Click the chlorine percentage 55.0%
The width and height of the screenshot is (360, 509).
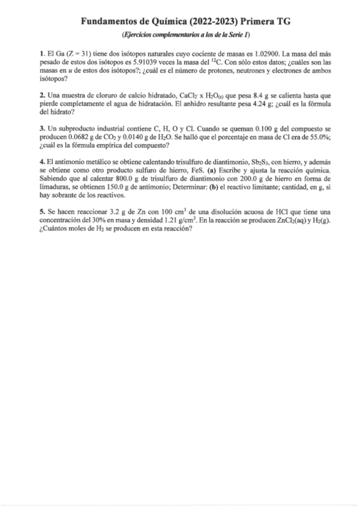pos(305,137)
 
